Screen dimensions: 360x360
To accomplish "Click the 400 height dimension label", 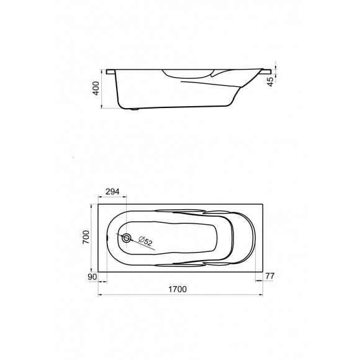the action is click(x=96, y=88).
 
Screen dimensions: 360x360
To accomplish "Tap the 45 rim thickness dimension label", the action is click(x=271, y=82).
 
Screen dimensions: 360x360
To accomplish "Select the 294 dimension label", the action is click(x=112, y=191).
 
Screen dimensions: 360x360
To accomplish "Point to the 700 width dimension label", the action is click(x=86, y=237).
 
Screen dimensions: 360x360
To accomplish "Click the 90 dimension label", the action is click(x=92, y=277).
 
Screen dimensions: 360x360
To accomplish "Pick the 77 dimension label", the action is click(x=270, y=276).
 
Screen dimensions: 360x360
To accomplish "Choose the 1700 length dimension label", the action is click(x=178, y=289).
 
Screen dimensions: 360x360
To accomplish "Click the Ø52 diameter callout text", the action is click(x=146, y=241).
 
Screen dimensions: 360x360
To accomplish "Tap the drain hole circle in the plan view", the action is click(x=126, y=238).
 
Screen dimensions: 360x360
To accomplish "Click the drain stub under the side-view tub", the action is click(x=135, y=109).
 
